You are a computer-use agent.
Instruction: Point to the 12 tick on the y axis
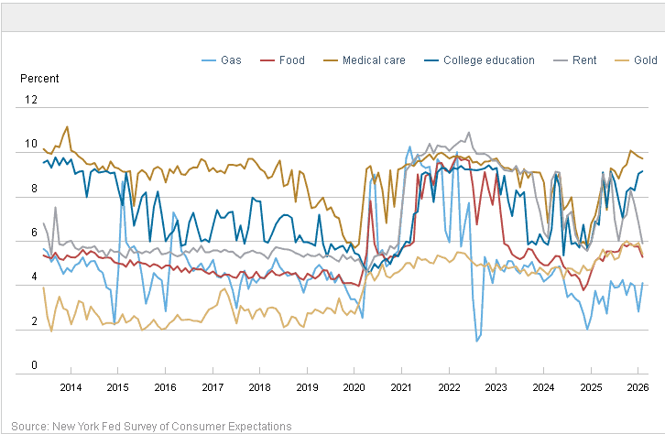pyautogui.click(x=31, y=99)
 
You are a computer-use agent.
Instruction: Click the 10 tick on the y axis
pyautogui.click(x=31, y=144)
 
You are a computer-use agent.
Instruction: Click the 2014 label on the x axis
pyautogui.click(x=71, y=387)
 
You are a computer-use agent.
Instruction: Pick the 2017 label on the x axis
pyautogui.click(x=213, y=387)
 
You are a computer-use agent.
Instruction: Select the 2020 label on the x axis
pyautogui.click(x=354, y=387)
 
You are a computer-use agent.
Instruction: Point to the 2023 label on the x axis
pyautogui.click(x=496, y=387)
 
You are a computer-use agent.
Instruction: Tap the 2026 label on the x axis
pyautogui.click(x=637, y=387)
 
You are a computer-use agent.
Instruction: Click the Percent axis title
pyautogui.click(x=39, y=79)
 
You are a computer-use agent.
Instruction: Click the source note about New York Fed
pyautogui.click(x=152, y=426)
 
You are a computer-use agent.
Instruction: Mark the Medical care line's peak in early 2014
pyautogui.click(x=67, y=126)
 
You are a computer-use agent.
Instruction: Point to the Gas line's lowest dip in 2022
pyautogui.click(x=477, y=341)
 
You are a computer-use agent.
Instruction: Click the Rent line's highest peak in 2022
pyautogui.click(x=469, y=133)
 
